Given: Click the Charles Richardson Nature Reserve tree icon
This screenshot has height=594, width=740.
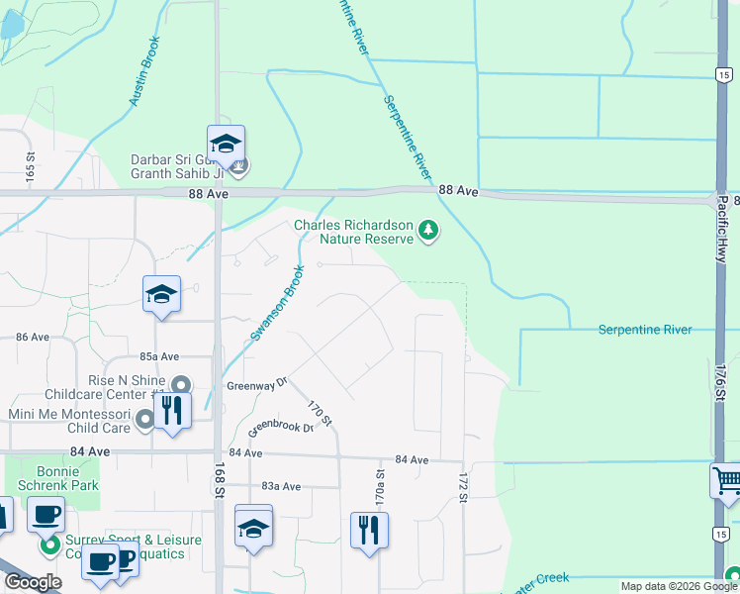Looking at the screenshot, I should coord(428,232).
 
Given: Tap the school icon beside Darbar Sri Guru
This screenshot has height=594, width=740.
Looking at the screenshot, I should coord(226,145).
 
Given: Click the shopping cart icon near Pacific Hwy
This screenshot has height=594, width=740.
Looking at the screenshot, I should coord(727,482).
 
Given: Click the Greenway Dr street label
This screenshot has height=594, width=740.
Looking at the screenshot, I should coord(255,384).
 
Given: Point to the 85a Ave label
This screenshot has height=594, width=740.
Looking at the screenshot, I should coord(158,355).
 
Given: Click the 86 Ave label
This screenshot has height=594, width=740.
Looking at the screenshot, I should coord(32,337).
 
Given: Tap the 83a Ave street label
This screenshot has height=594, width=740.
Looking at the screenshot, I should coord(280,486).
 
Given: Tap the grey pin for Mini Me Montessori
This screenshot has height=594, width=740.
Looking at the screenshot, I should coord(144,421).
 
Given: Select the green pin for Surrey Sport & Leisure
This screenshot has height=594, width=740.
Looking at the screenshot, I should coord(47,545).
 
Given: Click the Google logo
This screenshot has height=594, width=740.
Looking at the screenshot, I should coord(32,582).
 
